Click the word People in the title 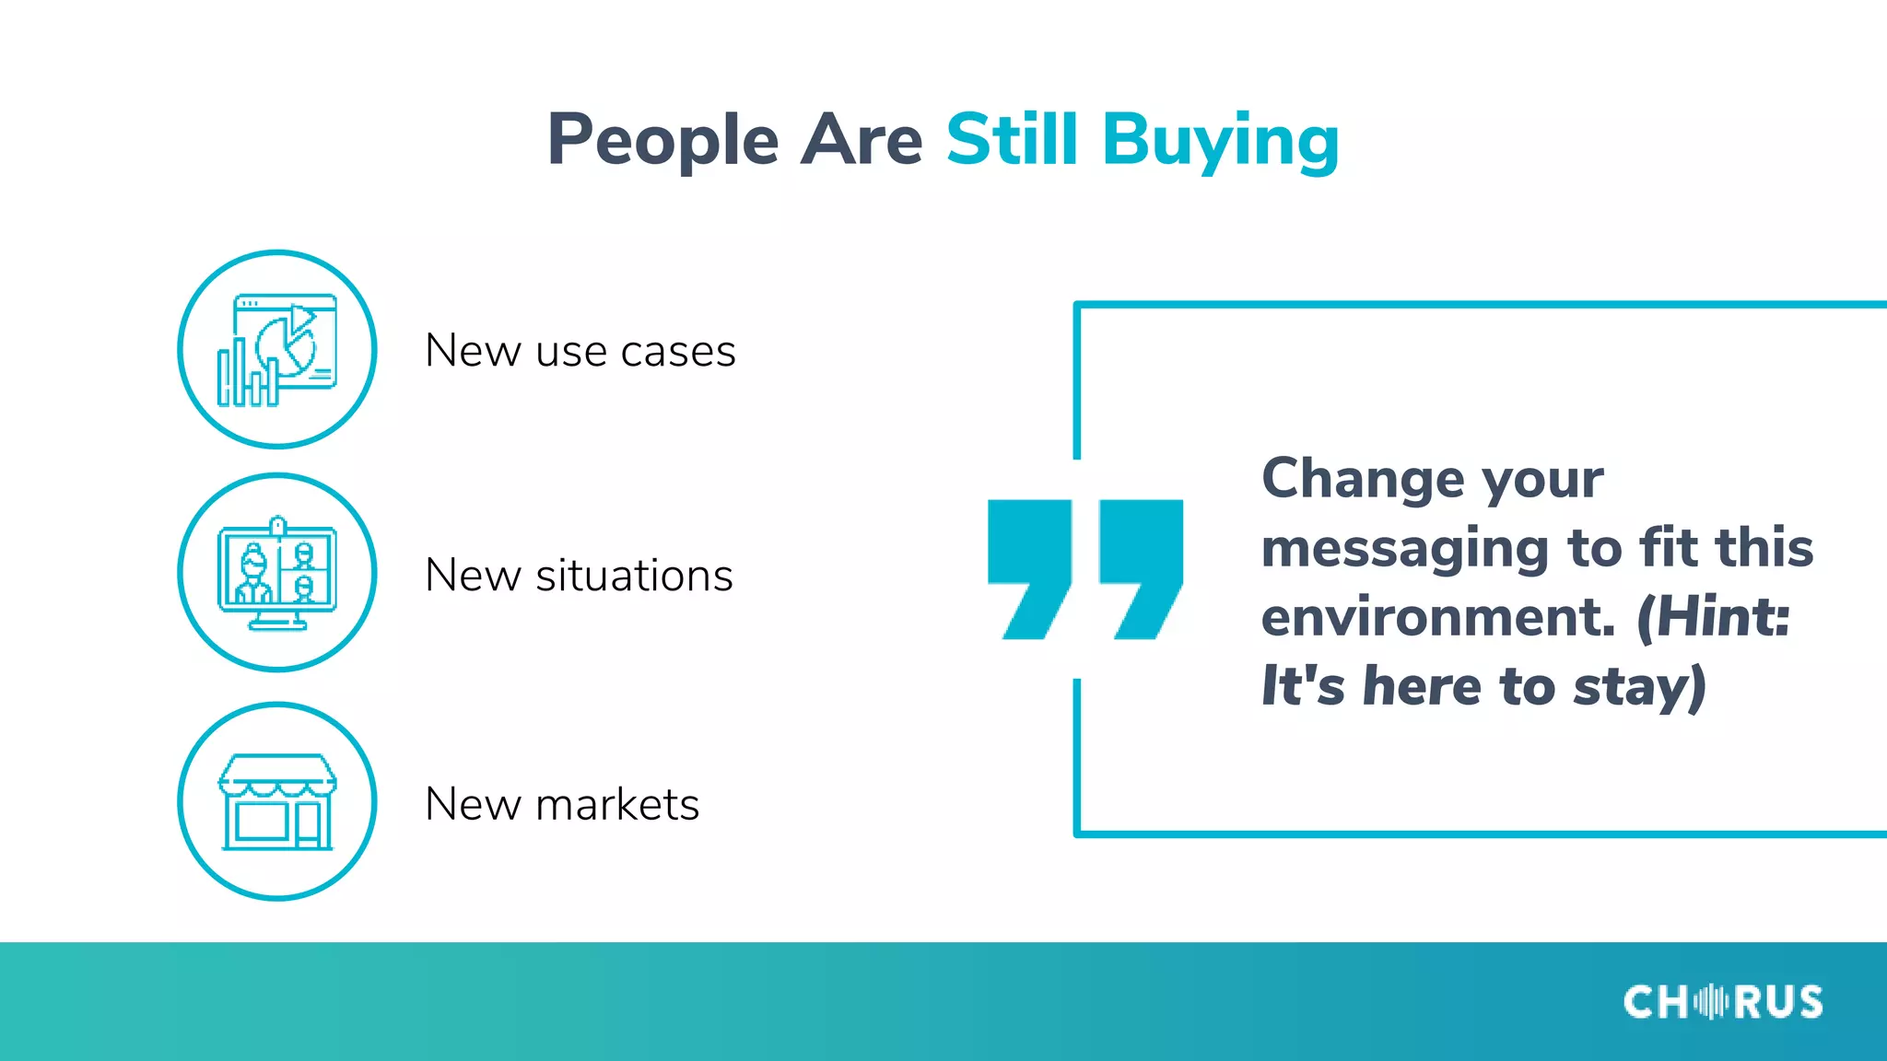tap(662, 140)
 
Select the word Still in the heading tap(1012, 140)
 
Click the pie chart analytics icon tap(277, 350)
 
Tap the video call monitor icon tap(277, 573)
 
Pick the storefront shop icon tap(277, 801)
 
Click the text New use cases tap(580, 351)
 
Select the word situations tap(634, 576)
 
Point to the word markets tap(617, 804)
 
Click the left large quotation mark tap(1029, 567)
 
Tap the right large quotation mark tap(1141, 567)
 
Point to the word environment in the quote tap(1437, 617)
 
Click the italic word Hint tap(1721, 617)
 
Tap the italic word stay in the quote tap(1631, 687)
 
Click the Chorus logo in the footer tap(1722, 1002)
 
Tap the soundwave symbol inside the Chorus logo tap(1711, 1002)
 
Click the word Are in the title tap(861, 140)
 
